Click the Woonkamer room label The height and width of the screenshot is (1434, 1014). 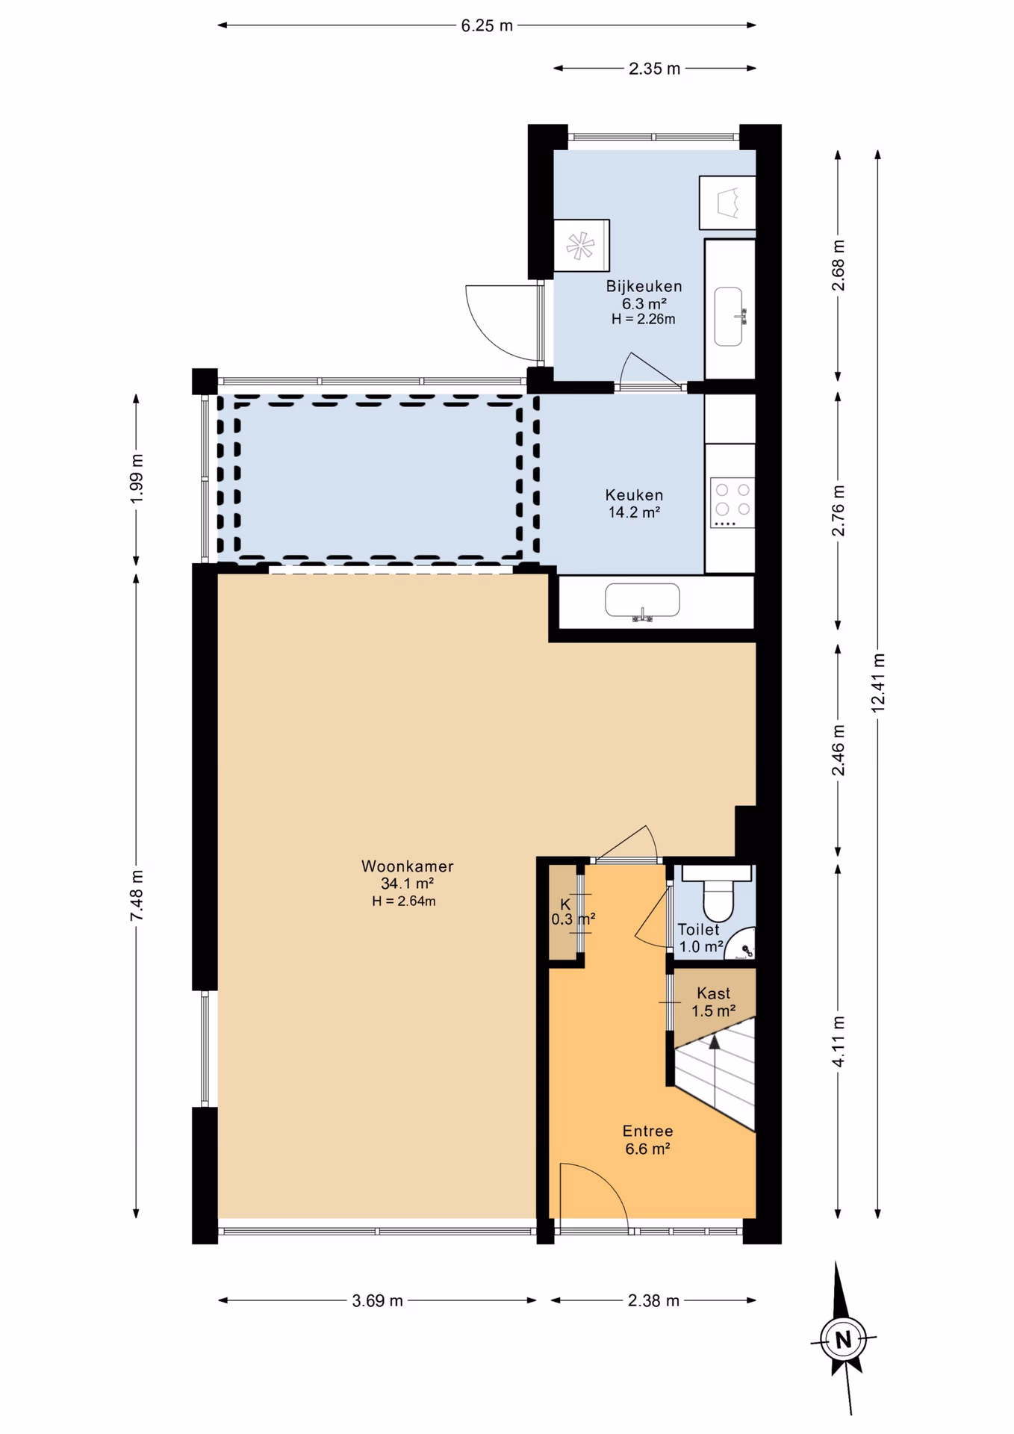tap(407, 866)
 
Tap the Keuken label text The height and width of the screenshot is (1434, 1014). tap(634, 495)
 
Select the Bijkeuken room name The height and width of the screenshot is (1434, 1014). tap(644, 286)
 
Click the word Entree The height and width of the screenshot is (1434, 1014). tap(647, 1131)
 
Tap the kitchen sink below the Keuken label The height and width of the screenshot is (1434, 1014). tap(642, 601)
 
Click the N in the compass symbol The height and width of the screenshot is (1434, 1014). tap(843, 1340)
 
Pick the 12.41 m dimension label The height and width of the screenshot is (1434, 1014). tap(878, 683)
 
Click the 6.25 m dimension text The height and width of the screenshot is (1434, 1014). tap(487, 25)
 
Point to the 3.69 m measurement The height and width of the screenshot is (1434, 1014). tap(377, 1300)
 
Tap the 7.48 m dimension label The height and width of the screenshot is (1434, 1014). tap(137, 896)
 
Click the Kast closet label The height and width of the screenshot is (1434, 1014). tap(713, 993)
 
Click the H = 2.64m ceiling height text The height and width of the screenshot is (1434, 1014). tap(404, 901)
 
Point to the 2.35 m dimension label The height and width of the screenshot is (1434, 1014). tap(654, 69)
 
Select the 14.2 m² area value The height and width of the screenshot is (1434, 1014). tap(634, 512)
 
